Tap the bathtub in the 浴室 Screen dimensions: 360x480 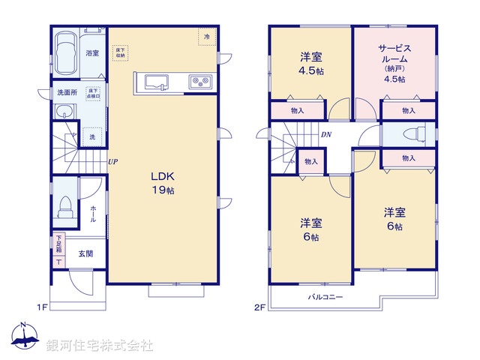65,53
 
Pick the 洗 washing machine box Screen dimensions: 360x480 92,137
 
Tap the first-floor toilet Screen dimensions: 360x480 65,206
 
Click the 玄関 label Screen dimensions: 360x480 86,253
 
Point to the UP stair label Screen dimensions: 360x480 112,161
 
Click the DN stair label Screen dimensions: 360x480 326,135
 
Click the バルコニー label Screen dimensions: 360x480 325,297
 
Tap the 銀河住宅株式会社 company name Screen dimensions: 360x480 100,346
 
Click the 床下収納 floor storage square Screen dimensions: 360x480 119,52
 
